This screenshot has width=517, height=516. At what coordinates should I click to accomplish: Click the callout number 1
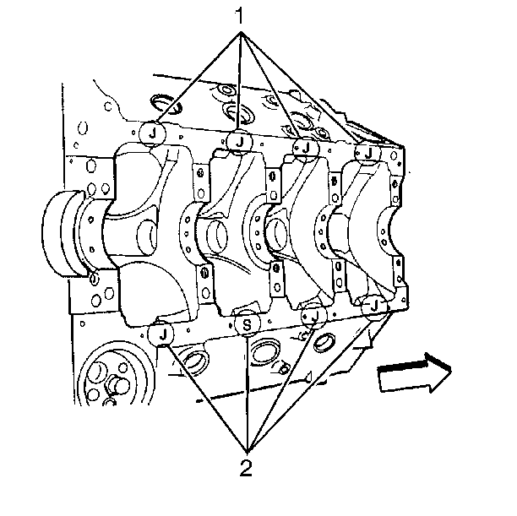point(240,16)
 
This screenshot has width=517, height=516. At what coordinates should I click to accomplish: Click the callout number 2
point(246,467)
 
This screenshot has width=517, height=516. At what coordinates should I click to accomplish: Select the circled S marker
point(247,325)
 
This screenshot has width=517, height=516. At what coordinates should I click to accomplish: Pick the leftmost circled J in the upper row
point(152,133)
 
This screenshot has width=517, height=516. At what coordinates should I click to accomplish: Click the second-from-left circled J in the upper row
point(240,142)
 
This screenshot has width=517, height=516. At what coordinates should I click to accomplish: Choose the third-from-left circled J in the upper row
point(306,148)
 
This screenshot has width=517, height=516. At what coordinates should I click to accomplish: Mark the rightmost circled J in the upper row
point(368,153)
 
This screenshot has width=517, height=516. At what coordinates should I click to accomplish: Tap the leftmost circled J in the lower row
point(161,334)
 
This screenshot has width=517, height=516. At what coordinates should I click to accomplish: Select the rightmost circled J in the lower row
point(374,307)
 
